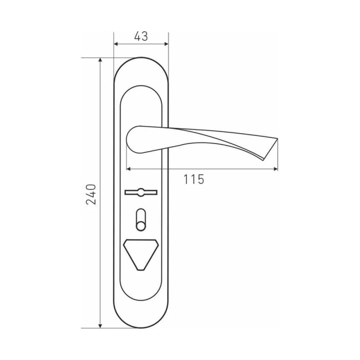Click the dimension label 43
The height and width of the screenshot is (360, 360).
[x=141, y=37]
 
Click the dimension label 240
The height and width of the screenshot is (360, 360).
[x=91, y=194]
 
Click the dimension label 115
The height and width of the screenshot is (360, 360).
[x=194, y=179]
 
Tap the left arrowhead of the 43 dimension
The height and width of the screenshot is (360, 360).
[x=116, y=44]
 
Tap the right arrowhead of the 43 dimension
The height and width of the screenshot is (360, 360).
[x=167, y=44]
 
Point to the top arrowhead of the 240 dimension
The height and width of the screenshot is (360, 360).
[x=100, y=60]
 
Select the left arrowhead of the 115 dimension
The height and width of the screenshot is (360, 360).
[x=129, y=169]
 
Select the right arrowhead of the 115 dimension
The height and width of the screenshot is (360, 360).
[x=276, y=169]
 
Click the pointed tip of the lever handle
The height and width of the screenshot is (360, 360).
[x=277, y=138]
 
